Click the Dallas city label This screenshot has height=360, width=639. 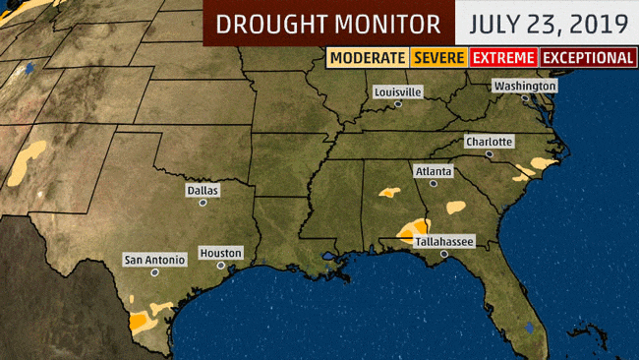[203, 190]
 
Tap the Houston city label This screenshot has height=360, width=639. [220, 253]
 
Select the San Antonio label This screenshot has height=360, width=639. [153, 261]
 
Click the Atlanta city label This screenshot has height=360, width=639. [434, 170]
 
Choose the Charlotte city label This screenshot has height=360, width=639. [490, 142]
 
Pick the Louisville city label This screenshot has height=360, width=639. [398, 91]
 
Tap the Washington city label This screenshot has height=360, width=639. [525, 86]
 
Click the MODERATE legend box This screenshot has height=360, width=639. [368, 58]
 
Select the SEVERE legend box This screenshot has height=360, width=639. [439, 58]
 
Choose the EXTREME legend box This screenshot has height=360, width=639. [503, 58]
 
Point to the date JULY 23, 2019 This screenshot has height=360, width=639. [547, 23]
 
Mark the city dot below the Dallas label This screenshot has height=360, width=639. [203, 203]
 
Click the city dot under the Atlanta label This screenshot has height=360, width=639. [433, 183]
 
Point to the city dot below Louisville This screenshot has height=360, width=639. [397, 103]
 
